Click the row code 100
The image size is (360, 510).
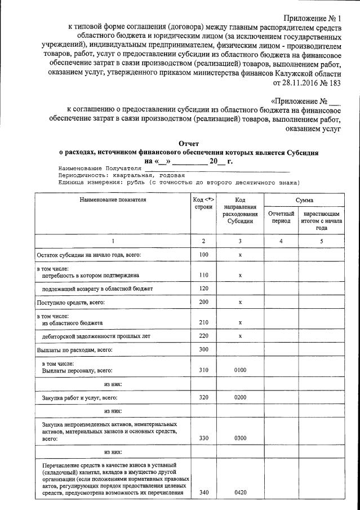203,255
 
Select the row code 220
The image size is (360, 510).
203,336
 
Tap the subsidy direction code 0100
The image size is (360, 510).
240,370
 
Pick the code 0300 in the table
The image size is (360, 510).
240,437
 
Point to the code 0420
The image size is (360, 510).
240,493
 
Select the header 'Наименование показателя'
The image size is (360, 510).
113,200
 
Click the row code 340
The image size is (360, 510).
203,493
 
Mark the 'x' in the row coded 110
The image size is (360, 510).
240,276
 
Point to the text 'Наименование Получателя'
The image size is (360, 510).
99,168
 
